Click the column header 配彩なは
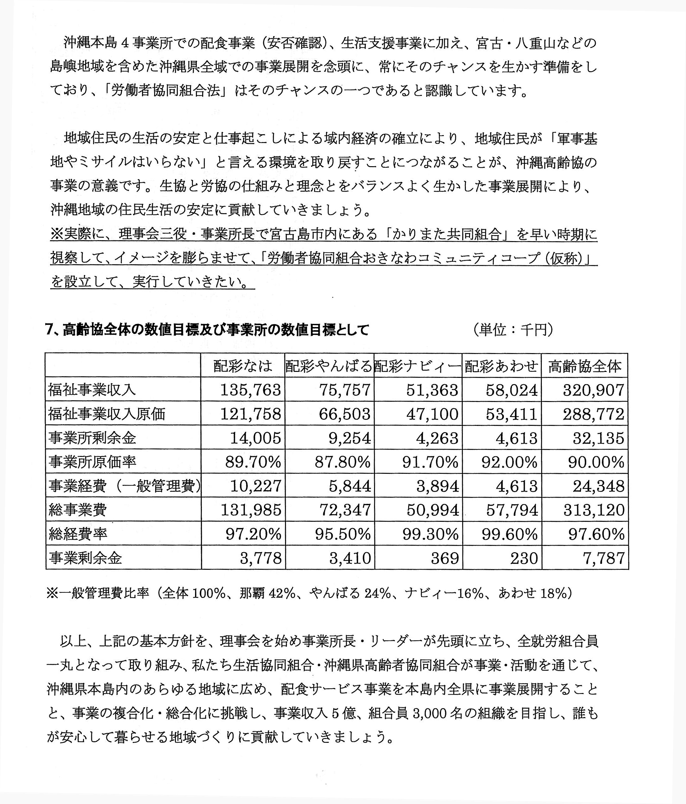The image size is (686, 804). tap(243, 366)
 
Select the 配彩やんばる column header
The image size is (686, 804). tap(329, 366)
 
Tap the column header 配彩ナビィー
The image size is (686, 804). tap(418, 366)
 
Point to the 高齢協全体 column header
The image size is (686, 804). tap(584, 366)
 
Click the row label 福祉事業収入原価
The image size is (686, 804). tap(107, 414)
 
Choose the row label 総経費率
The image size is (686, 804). tap(78, 534)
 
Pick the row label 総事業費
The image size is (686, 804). tap(78, 510)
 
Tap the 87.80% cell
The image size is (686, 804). tap(342, 462)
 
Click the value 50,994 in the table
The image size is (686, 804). tap(433, 510)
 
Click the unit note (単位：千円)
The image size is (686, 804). tap(513, 330)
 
